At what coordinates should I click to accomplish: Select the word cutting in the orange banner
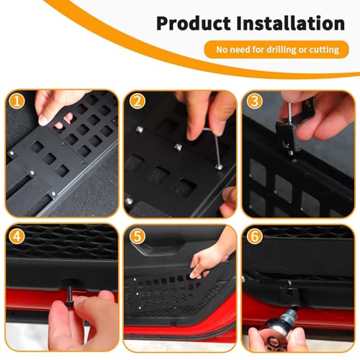tap(321, 50)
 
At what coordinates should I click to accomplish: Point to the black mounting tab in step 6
tap(286, 291)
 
